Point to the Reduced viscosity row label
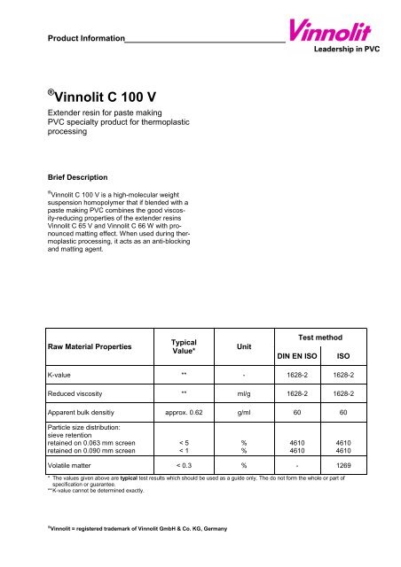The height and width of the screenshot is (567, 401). point(83,413)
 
